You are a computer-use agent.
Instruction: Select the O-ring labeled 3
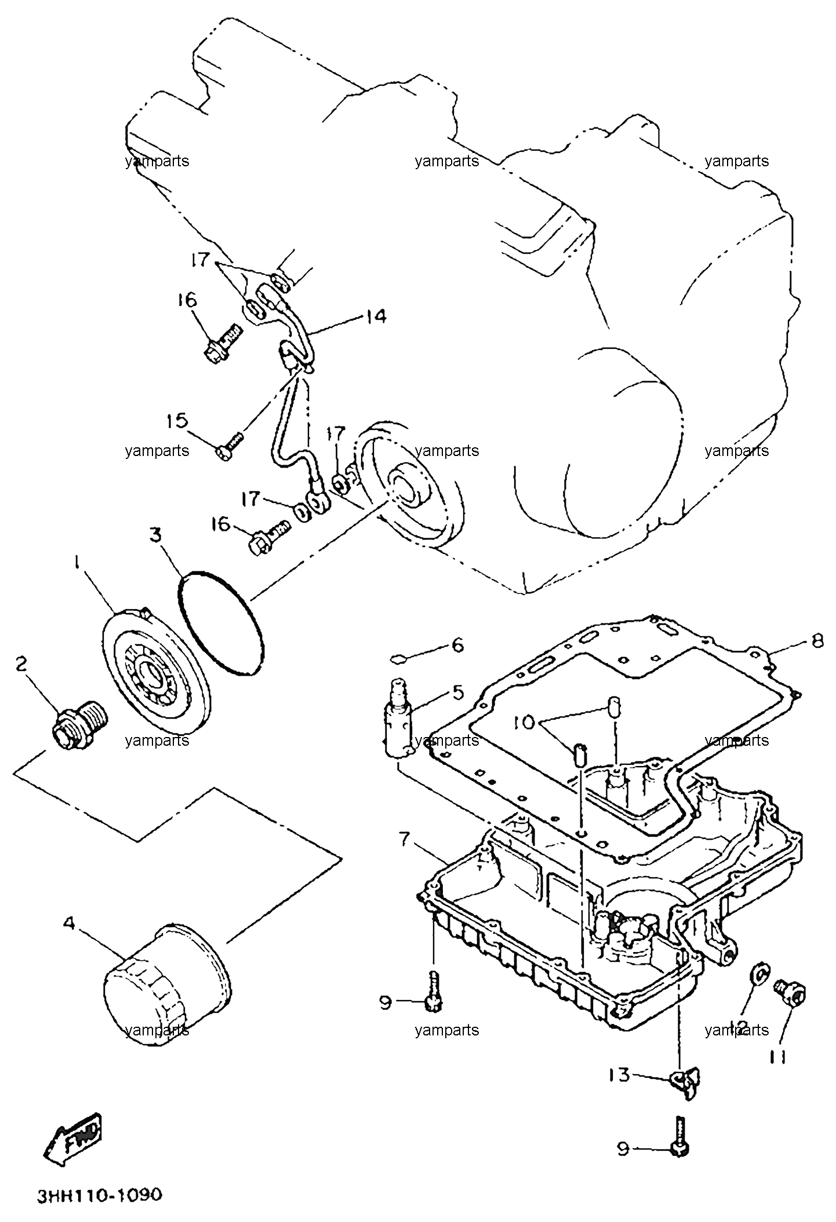click(x=220, y=624)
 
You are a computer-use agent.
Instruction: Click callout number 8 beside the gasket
click(x=817, y=643)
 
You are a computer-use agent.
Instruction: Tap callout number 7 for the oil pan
click(x=406, y=839)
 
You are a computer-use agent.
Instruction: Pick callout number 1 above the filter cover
click(x=75, y=563)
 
